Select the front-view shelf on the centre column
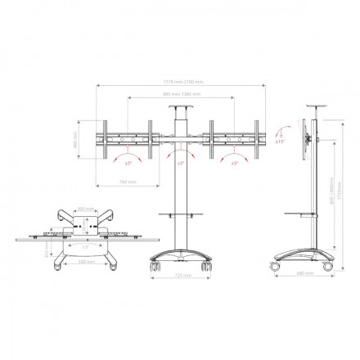click(x=180, y=216)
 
